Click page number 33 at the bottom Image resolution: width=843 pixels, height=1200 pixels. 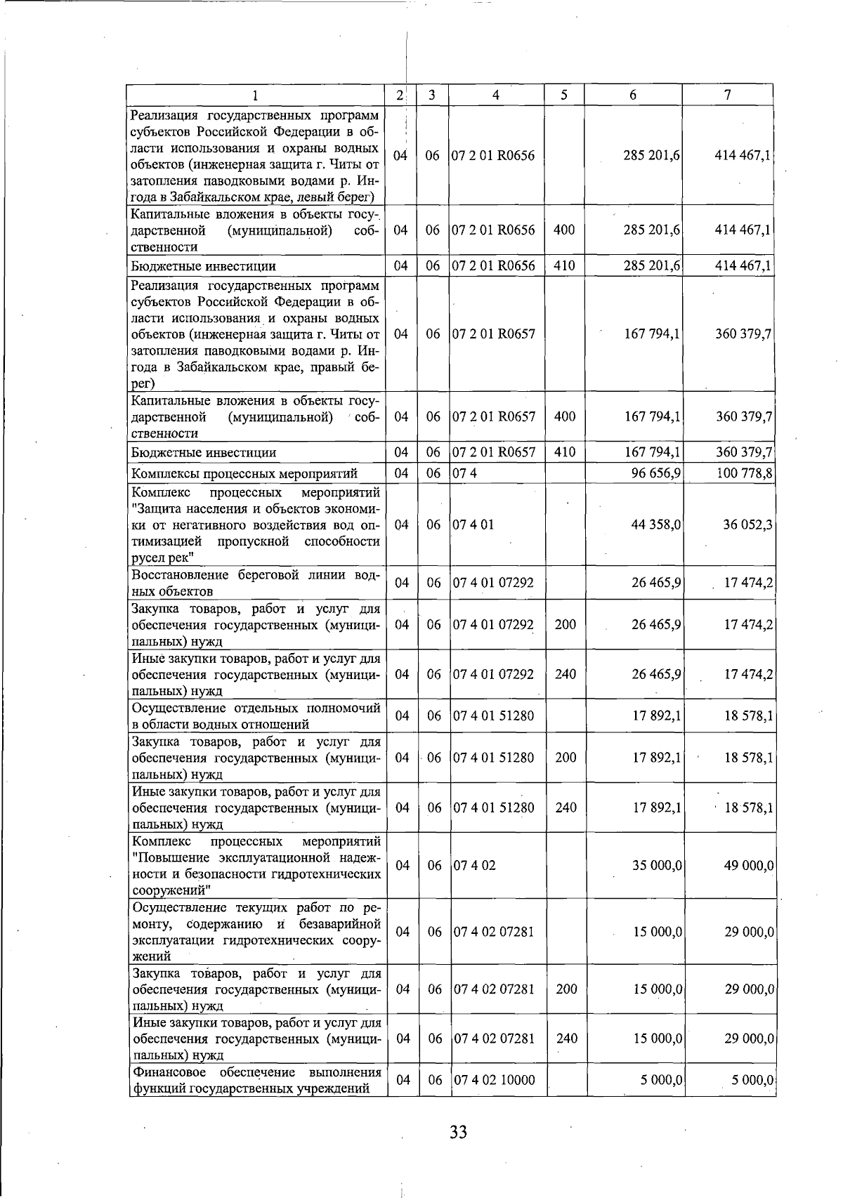click(458, 1132)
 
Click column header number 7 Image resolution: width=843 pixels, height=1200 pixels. click(728, 95)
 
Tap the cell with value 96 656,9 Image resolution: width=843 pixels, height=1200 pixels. click(656, 473)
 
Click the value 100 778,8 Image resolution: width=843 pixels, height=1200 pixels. click(745, 473)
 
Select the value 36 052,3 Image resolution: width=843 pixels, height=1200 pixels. click(749, 525)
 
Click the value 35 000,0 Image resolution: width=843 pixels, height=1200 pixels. click(657, 865)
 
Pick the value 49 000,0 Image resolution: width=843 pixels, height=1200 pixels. click(749, 865)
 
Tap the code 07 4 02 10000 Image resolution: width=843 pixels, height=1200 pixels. click(494, 1080)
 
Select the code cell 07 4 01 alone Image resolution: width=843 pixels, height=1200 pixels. click(473, 525)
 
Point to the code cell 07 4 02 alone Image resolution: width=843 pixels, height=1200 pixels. click(474, 865)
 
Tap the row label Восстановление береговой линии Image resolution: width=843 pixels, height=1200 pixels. click(256, 583)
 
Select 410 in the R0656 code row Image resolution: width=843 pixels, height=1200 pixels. click(564, 266)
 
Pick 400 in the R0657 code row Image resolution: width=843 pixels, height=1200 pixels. click(564, 416)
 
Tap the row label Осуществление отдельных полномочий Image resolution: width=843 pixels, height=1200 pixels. click(256, 716)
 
